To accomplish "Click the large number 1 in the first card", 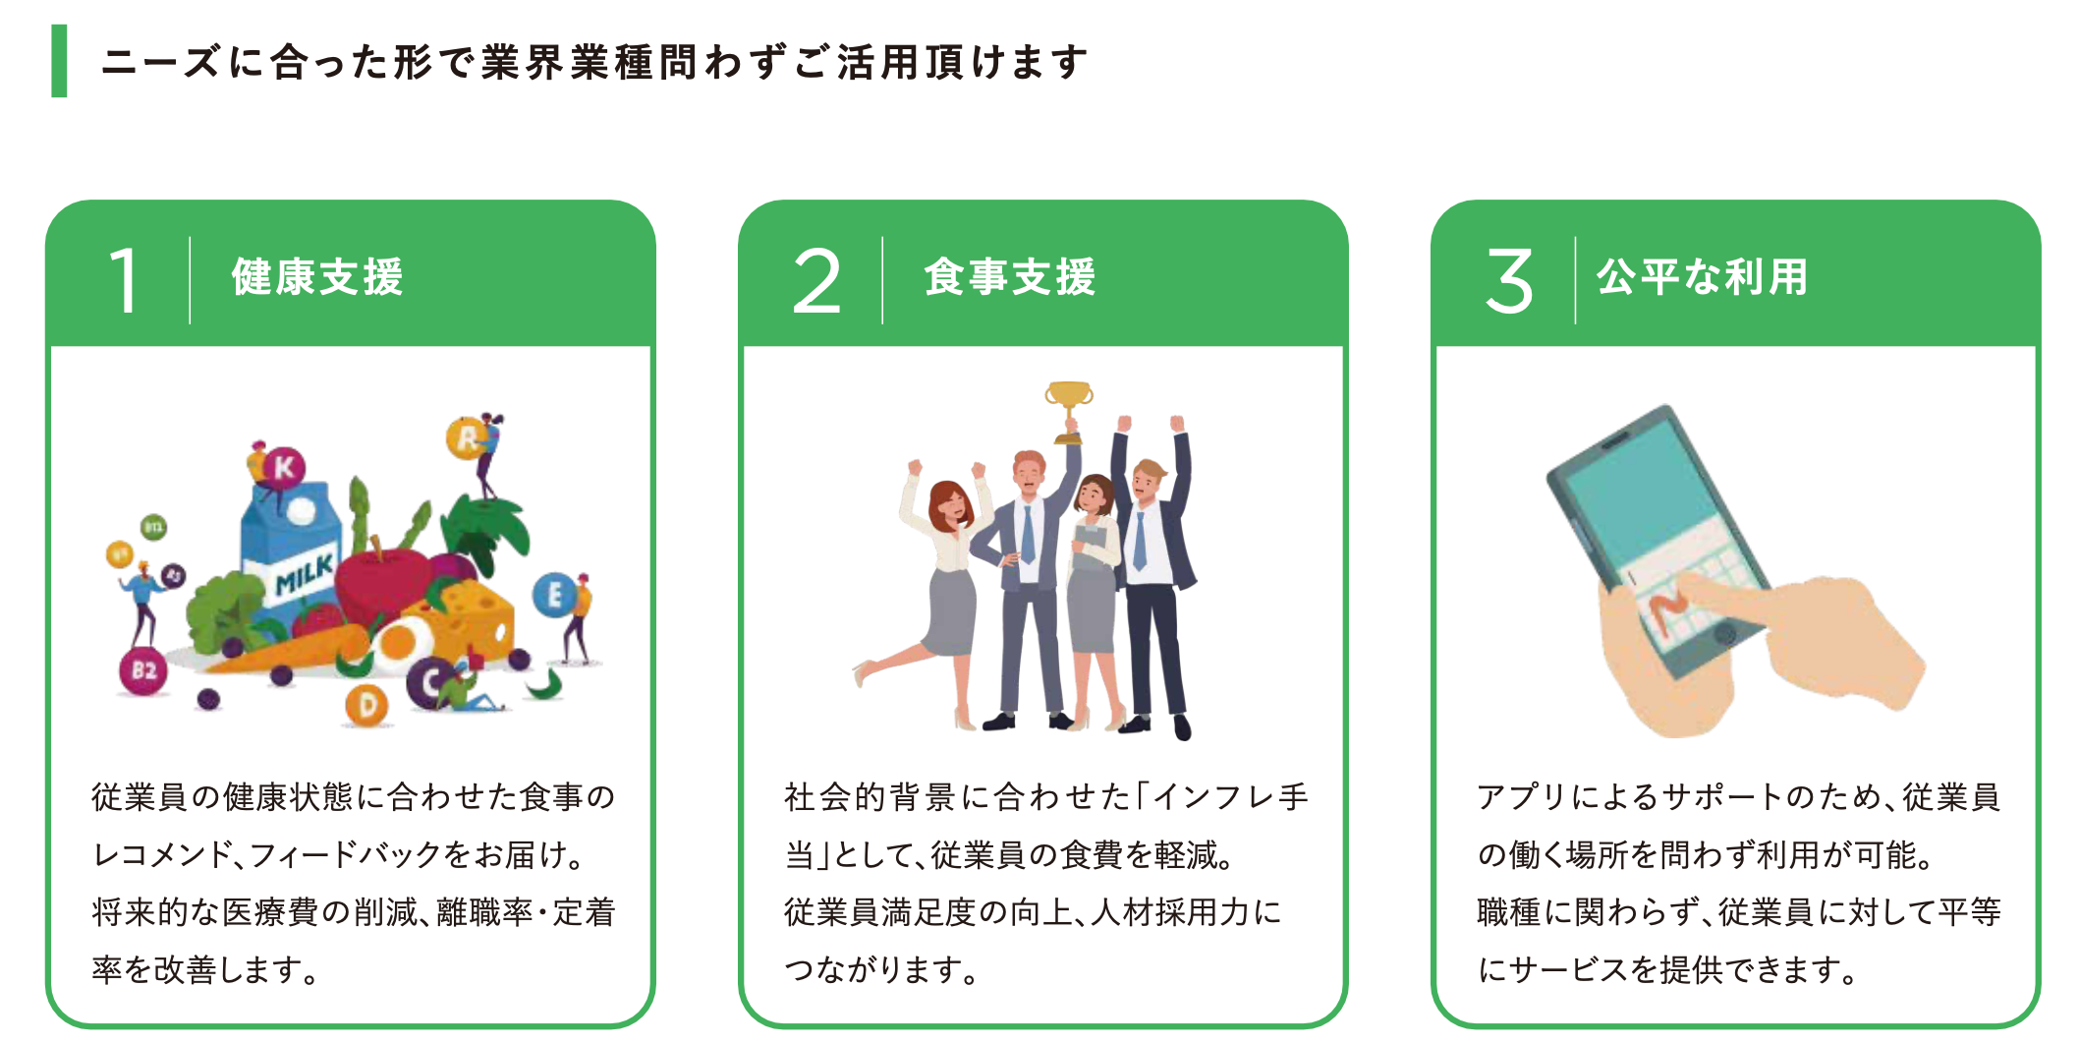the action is click(124, 281).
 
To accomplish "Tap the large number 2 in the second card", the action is click(816, 281).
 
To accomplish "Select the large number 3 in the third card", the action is click(1509, 281).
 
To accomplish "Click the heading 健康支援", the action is click(317, 277).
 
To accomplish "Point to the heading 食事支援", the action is click(1010, 277).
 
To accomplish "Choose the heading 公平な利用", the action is click(1702, 277).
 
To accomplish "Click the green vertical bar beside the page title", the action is click(59, 61).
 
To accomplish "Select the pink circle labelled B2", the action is click(143, 670).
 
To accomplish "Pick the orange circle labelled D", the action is click(366, 705).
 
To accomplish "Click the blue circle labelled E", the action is click(554, 595).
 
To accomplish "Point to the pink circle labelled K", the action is click(284, 467).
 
